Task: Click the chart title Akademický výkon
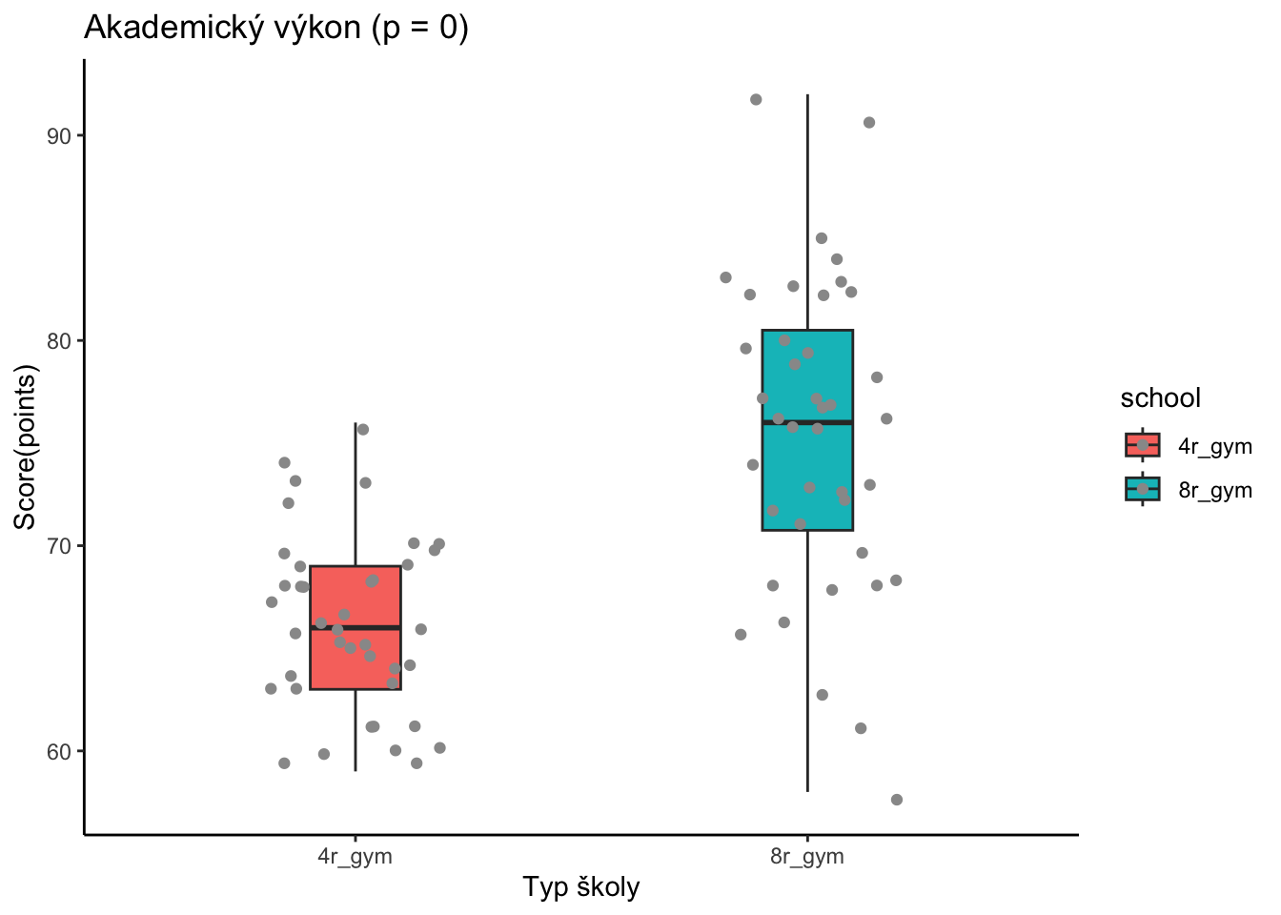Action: (276, 28)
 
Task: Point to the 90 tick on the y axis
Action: (60, 135)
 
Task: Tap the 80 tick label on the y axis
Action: (60, 341)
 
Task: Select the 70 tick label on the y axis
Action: (60, 546)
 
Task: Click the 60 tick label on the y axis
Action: (60, 751)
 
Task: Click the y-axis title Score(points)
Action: (24, 450)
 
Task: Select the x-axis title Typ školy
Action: (580, 887)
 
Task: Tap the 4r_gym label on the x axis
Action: (356, 856)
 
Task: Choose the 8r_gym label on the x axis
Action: (807, 856)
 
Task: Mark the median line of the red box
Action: (381, 627)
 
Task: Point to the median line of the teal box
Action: (829, 421)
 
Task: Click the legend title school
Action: (1160, 397)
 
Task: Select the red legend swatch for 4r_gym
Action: (1142, 445)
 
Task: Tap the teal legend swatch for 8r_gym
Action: (1142, 489)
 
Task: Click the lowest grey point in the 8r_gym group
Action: (897, 800)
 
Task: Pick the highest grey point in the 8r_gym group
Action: (756, 99)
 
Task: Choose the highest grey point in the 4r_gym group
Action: (362, 430)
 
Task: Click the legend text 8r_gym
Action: (1215, 491)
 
